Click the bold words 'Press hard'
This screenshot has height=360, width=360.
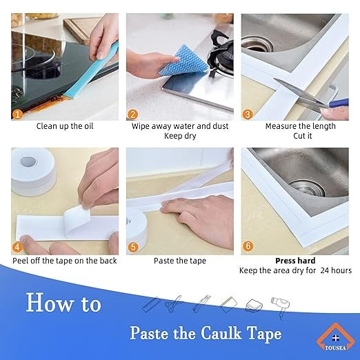295,261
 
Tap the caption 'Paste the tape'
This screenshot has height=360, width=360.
179,261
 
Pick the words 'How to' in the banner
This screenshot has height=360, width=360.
63,303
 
